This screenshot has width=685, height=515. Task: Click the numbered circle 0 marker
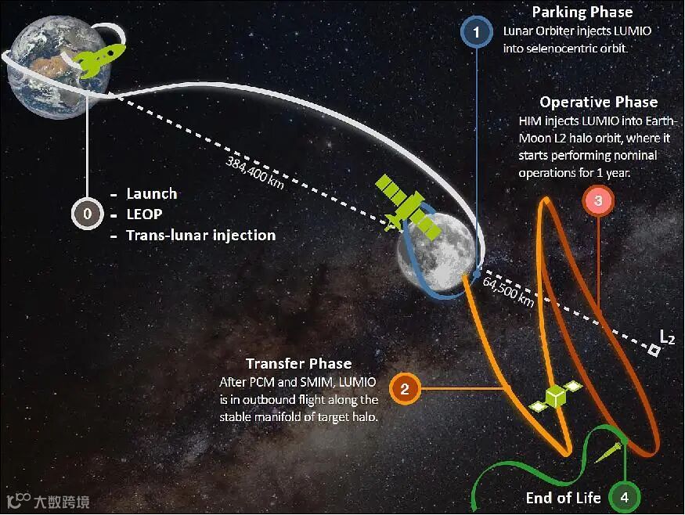point(88,214)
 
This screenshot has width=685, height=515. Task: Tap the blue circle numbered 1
point(475,34)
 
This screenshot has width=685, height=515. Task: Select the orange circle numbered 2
point(405,389)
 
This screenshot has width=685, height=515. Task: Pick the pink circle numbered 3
point(598,200)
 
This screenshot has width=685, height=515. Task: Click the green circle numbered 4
point(625,497)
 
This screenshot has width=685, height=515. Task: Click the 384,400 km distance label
point(251,173)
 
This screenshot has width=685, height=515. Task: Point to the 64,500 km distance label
point(509,291)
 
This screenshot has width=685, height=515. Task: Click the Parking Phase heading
point(582,12)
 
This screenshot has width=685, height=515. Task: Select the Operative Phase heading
point(598,102)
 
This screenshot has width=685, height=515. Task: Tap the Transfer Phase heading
point(298,363)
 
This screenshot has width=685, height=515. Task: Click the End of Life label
point(563,497)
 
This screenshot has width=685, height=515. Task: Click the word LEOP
point(146,214)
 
